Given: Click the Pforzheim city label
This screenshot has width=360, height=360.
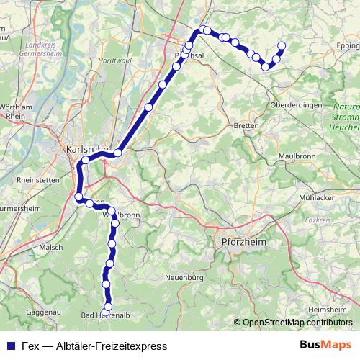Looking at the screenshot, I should (241, 243).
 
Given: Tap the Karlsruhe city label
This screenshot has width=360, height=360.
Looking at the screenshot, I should (86, 149).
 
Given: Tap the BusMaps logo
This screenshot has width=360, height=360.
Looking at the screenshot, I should (325, 345).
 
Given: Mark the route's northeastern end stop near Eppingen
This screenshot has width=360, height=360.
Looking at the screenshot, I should (281, 46).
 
